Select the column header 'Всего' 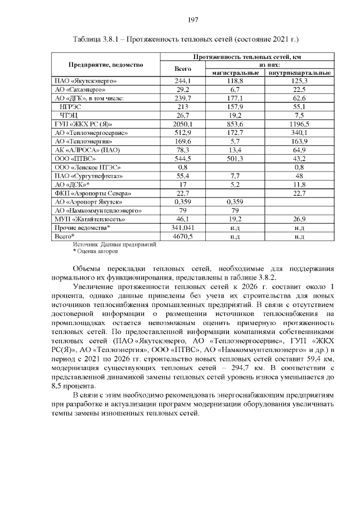(x=183, y=69)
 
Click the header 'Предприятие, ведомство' (x=106, y=65)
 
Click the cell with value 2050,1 (x=183, y=123)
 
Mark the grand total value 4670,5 (x=183, y=237)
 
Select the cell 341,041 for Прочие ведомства (x=183, y=228)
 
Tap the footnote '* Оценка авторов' (x=96, y=251)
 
